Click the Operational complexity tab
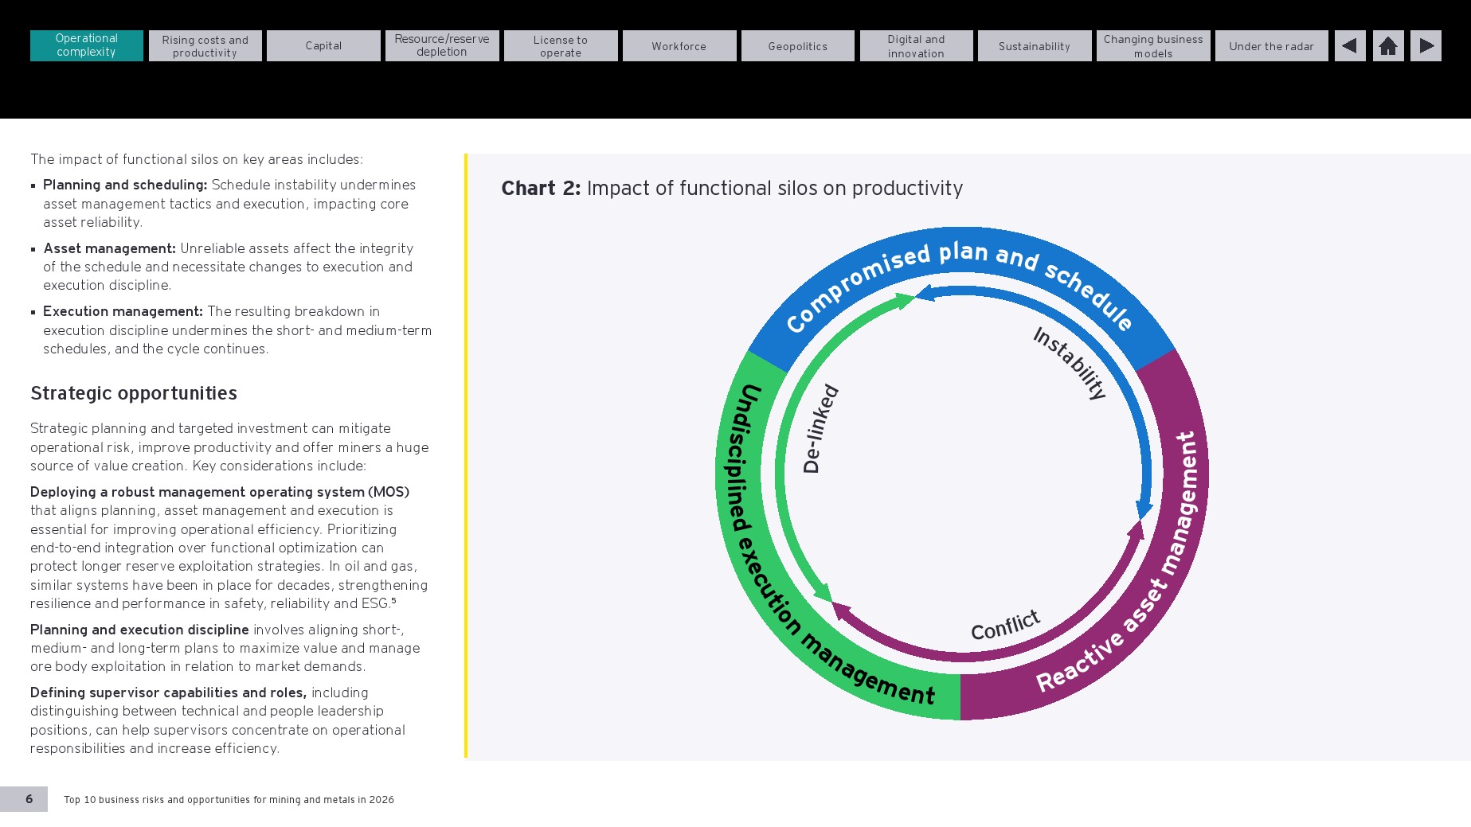point(87,45)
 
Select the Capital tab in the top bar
point(323,45)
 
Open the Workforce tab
point(679,45)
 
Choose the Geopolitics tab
point(798,45)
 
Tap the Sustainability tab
point(1035,45)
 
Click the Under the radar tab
point(1272,45)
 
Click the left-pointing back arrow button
point(1350,45)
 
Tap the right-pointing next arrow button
point(1426,45)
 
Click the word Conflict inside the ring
point(1005,626)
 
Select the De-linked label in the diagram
point(820,428)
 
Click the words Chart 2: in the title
point(541,188)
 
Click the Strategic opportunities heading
point(134,393)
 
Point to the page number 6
point(29,799)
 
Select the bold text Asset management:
point(110,248)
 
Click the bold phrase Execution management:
point(123,311)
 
